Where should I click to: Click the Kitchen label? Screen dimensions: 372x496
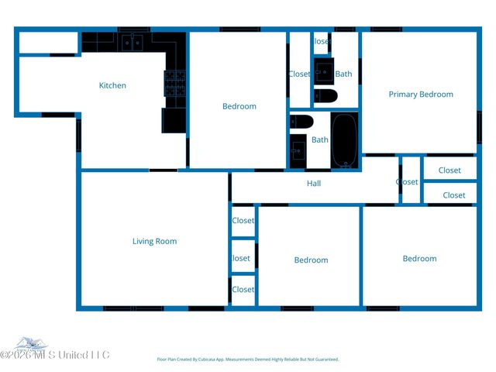(112, 85)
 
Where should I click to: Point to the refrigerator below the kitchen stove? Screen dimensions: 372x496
(173, 120)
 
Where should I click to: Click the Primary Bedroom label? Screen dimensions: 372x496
(421, 95)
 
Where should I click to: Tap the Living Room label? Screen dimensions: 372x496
(155, 241)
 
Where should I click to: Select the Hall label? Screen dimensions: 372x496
(314, 184)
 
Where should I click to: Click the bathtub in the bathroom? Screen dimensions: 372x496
(344, 141)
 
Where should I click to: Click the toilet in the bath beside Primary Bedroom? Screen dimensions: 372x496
(325, 96)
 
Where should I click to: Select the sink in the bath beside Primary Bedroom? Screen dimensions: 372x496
(325, 70)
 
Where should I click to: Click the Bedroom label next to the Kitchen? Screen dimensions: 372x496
(239, 106)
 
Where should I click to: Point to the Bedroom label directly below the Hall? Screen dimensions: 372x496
(311, 260)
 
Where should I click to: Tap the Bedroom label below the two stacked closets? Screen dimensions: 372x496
(419, 258)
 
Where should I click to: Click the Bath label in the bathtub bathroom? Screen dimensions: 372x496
(320, 140)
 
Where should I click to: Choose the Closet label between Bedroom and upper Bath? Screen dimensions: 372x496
(299, 74)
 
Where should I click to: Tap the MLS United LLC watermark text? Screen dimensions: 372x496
(56, 355)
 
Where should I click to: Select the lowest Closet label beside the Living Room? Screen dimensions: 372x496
(243, 289)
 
